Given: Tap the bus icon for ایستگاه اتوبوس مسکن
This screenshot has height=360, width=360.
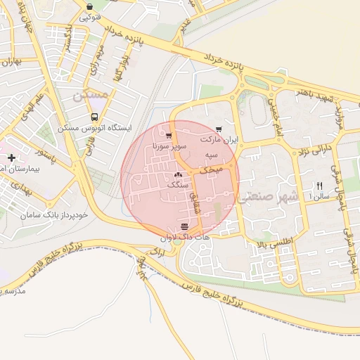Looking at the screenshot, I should (x=94, y=118).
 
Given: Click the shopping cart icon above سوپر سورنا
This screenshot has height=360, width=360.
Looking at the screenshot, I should (x=169, y=135).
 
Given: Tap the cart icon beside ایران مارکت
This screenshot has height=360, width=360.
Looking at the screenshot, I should (x=219, y=129).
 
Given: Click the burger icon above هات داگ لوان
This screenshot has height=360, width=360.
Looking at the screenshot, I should (x=184, y=226).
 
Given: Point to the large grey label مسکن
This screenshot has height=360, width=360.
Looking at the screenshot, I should (x=91, y=93).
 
